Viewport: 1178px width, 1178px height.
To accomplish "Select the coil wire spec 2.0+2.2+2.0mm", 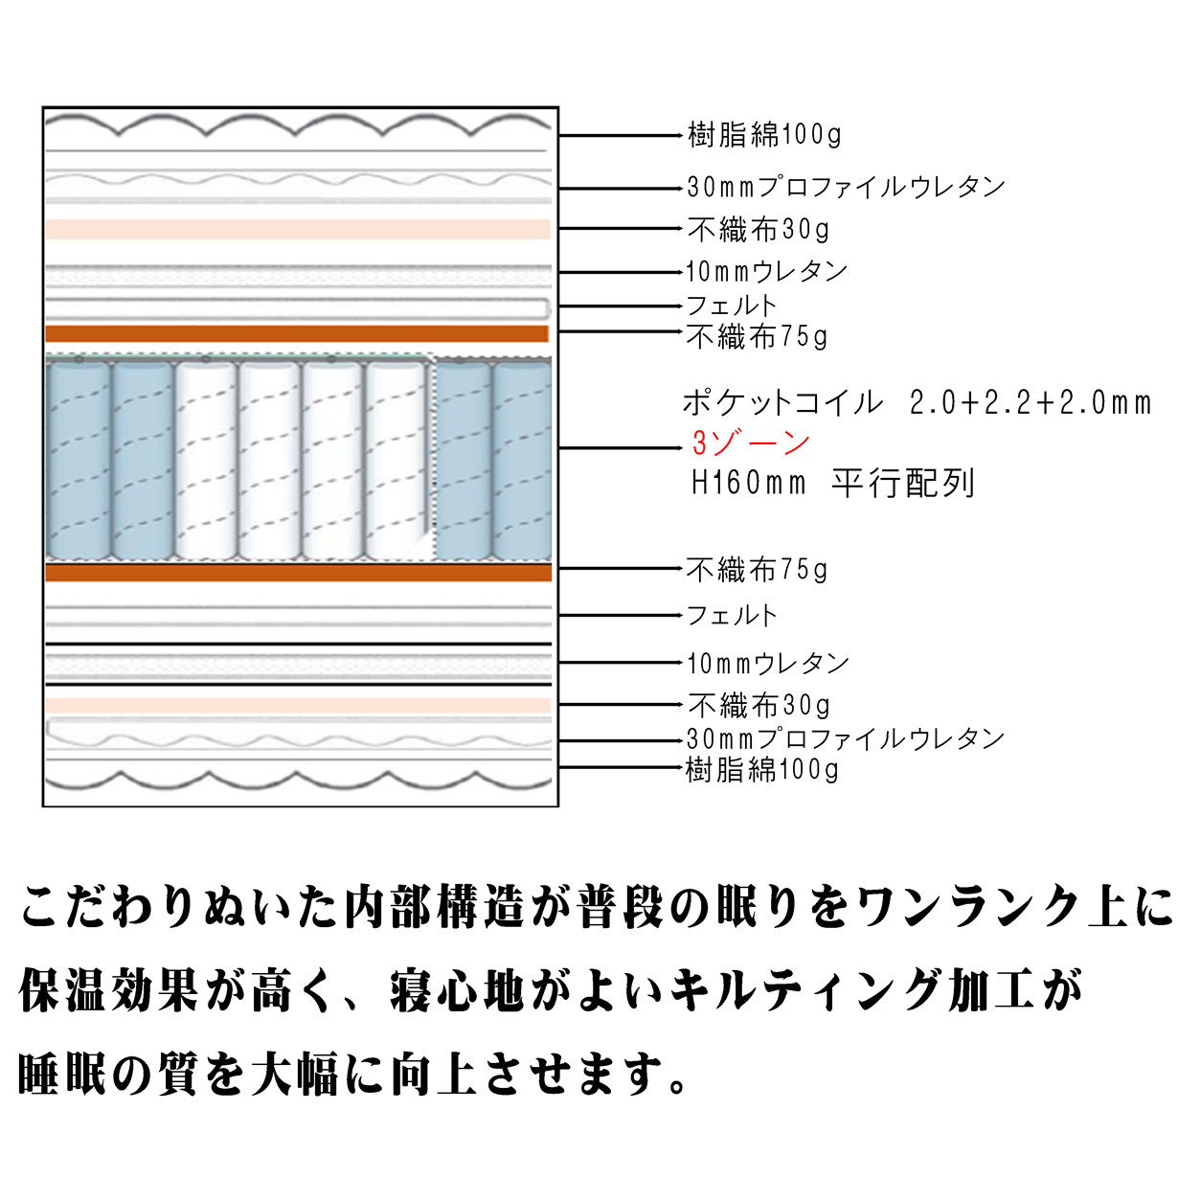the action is [1031, 403].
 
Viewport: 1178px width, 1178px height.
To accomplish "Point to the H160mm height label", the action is [748, 484].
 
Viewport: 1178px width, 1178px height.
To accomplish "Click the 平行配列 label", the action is [902, 484].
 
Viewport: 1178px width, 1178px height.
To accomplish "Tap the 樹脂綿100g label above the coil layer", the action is [764, 134].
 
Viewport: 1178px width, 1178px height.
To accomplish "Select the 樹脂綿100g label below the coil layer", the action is [761, 770].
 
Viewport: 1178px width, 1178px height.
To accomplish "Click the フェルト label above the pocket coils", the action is [731, 306].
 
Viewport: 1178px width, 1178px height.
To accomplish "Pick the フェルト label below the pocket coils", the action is [731, 615].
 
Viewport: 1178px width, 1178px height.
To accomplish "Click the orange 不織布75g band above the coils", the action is [297, 334].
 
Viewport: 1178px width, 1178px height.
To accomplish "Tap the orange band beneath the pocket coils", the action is [298, 573].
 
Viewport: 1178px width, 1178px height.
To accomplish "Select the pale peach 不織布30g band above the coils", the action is [298, 229].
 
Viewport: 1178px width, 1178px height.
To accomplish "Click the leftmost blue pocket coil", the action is [79, 460].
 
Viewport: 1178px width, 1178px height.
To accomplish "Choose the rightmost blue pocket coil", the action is [523, 460].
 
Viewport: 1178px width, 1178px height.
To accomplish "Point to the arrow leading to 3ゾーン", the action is [621, 448].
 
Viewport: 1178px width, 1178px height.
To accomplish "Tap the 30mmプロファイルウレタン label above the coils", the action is [846, 187].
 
